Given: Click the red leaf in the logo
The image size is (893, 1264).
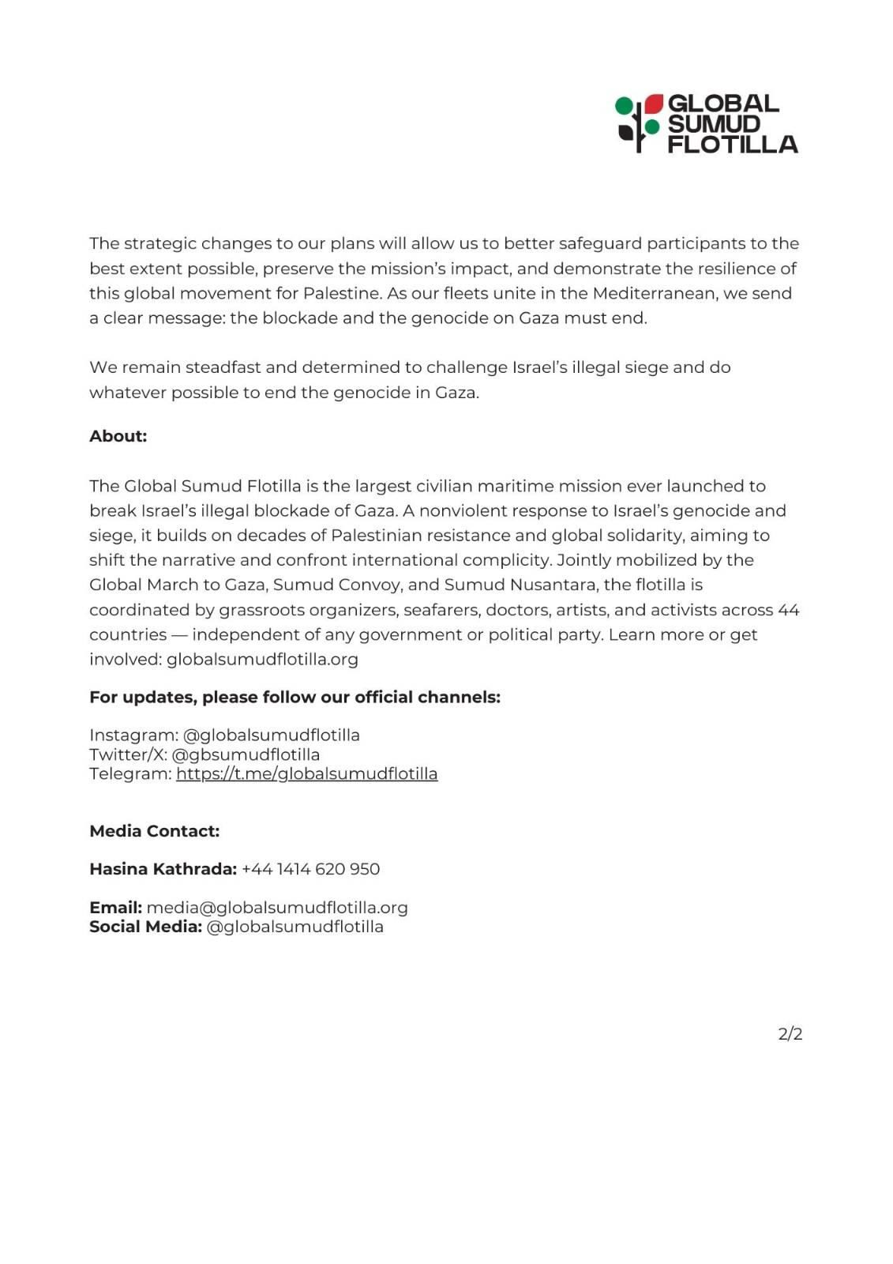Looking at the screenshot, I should tap(654, 103).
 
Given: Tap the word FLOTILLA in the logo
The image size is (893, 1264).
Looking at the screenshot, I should tap(733, 144).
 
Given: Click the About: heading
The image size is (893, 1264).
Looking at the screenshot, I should tap(118, 436).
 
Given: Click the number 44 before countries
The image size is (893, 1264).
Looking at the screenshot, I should tap(788, 610).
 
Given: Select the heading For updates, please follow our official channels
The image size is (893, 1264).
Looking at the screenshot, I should tap(295, 697).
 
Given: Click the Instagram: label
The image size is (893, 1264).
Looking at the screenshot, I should tap(133, 735).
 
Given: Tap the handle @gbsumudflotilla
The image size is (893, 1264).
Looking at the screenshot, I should tap(246, 754).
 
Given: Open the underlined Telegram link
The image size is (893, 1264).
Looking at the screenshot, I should tap(306, 773).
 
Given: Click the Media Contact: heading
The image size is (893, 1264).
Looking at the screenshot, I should tap(154, 831).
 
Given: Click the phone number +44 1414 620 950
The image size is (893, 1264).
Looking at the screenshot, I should tap(310, 869).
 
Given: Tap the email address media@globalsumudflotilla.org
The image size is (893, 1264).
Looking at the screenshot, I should tap(277, 908).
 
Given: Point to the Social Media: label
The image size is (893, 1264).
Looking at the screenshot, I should tap(145, 927).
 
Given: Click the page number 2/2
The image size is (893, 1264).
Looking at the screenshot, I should tap(790, 1034).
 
